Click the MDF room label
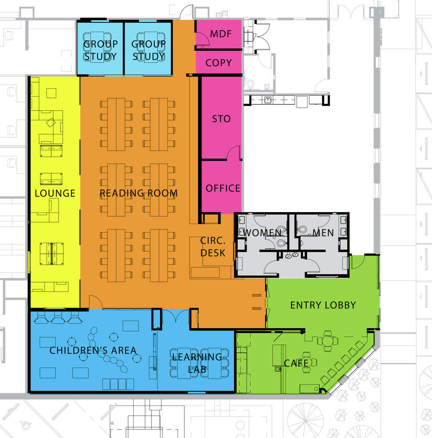coord(221,34)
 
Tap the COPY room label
coord(219,63)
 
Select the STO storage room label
coord(221,119)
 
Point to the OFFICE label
coord(223,188)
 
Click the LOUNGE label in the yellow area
coord(55,193)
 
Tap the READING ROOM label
coord(139,193)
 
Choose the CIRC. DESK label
coord(213,247)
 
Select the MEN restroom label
coord(323,233)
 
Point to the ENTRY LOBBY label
coord(323,305)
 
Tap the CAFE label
coord(296,363)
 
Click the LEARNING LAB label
coord(197,363)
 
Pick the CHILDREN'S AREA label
coord(93,350)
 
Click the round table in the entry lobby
coord(328,341)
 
